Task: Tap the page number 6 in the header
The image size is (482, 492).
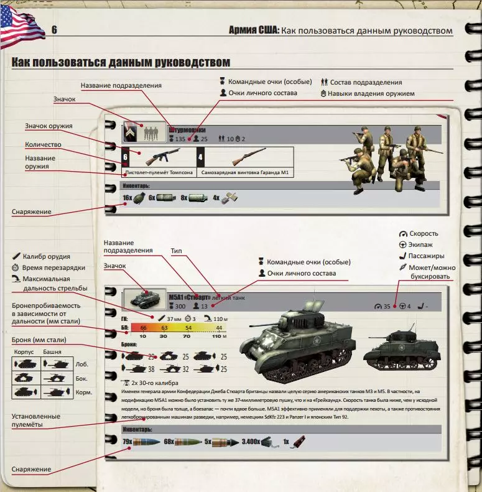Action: click(55, 30)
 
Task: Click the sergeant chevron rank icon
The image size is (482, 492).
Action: click(130, 133)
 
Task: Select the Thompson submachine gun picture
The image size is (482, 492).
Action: click(154, 157)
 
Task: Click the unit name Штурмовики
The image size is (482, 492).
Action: click(187, 130)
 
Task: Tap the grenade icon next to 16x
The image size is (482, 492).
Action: click(139, 198)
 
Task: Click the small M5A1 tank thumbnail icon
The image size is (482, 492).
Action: click(144, 299)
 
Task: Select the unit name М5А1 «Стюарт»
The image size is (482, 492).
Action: click(189, 297)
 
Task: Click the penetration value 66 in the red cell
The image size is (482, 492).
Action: click(143, 327)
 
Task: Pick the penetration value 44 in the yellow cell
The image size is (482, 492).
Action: click(218, 327)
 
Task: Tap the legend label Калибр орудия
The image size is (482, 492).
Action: click(46, 256)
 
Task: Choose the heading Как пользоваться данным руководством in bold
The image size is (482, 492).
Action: click(121, 63)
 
